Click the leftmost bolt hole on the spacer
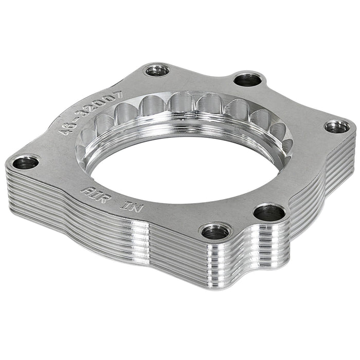pyautogui.click(x=25, y=163)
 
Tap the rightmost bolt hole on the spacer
pyautogui.click(x=337, y=126)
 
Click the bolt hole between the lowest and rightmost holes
pyautogui.click(x=269, y=211)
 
